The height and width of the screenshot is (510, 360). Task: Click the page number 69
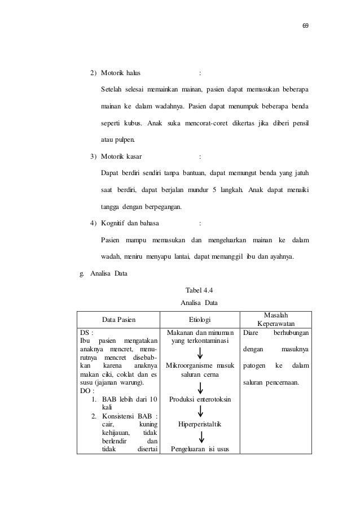click(305, 26)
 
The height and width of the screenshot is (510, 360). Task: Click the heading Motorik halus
click(121, 73)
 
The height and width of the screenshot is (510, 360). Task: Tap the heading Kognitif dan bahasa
click(130, 223)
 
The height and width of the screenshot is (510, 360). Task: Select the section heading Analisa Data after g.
click(109, 275)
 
